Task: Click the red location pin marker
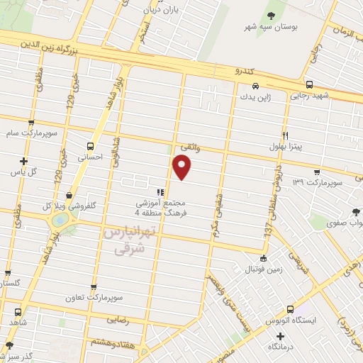coord(183,167)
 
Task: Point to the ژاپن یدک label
coord(256,96)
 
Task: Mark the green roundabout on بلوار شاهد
coord(62,220)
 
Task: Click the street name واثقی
coord(189,145)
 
